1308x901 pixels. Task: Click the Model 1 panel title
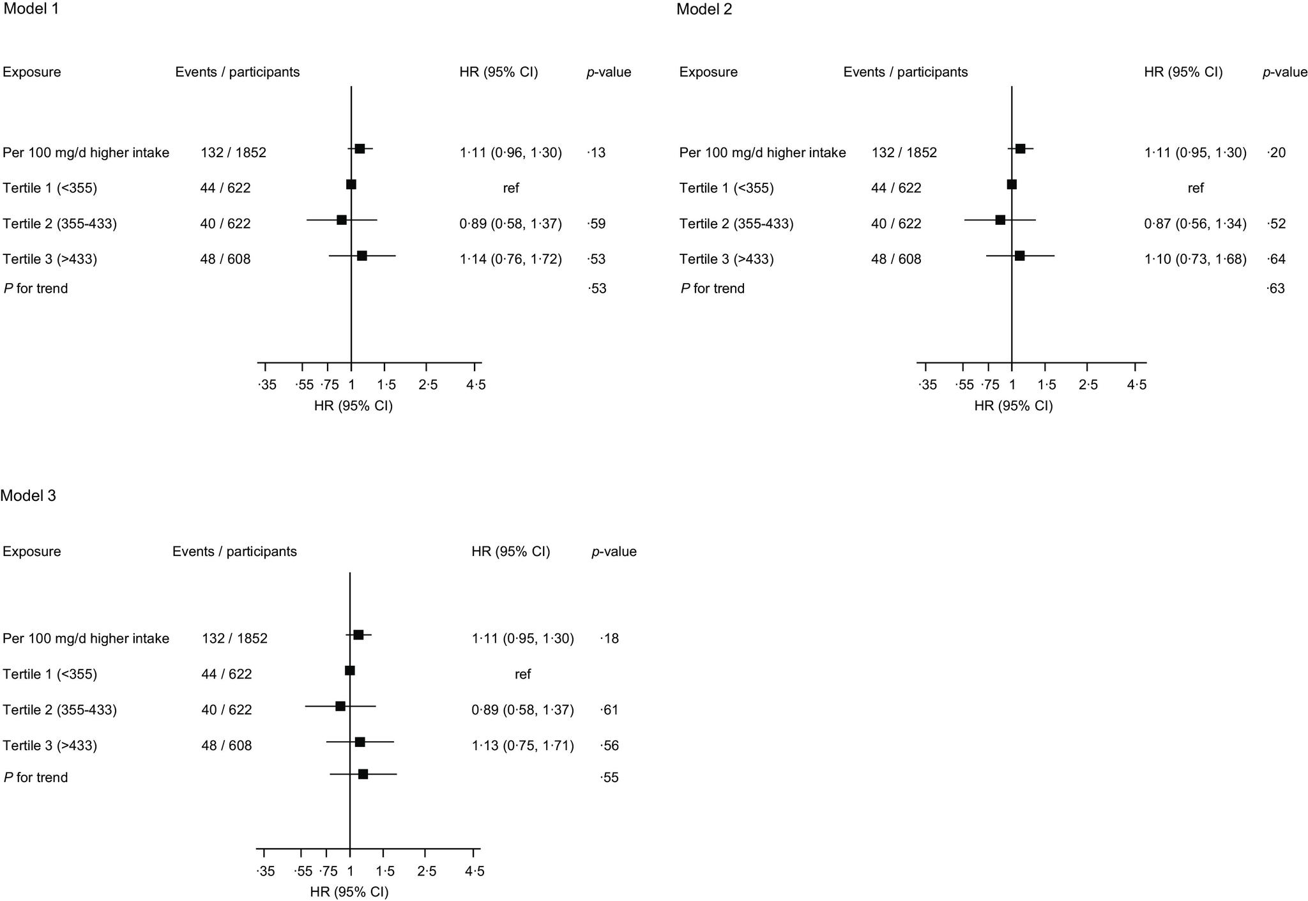[x=27, y=10]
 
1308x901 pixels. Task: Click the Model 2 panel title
[x=704, y=10]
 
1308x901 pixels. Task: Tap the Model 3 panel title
[x=28, y=496]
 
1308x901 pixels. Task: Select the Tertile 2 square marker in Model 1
[x=342, y=220]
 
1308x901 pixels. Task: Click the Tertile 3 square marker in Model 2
[x=1019, y=256]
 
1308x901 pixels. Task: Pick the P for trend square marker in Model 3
[x=363, y=774]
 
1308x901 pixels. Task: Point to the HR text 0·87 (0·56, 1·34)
[x=1195, y=224]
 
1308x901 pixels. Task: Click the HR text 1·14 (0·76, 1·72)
[x=510, y=259]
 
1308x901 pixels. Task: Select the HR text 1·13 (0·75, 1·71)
[x=522, y=746]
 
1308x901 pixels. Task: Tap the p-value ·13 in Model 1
[x=596, y=153]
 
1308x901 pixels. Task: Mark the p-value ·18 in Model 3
[x=609, y=639]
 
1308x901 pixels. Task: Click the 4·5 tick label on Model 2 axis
[x=1136, y=385]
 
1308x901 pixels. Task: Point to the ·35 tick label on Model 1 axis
[x=267, y=385]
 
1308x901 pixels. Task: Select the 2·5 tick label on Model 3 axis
[x=427, y=872]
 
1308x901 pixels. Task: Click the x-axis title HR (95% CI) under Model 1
[x=353, y=406]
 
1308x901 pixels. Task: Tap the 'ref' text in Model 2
[x=1196, y=189]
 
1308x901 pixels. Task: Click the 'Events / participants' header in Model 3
[x=234, y=551]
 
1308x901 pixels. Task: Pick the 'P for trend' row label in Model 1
[x=36, y=289]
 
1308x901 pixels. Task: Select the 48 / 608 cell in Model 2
[x=896, y=259]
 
